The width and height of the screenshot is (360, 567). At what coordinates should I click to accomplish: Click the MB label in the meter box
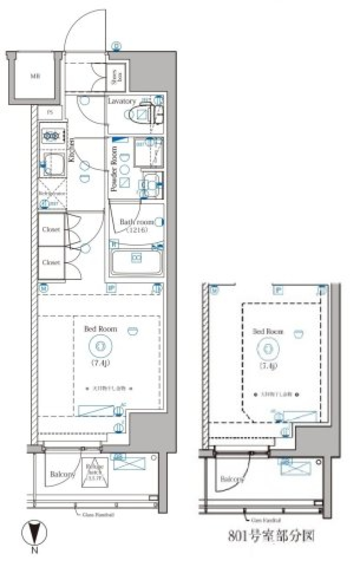click(x=35, y=76)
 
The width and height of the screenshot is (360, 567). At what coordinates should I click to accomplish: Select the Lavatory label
click(x=121, y=101)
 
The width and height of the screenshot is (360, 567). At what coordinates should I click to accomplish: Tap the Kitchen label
click(x=71, y=150)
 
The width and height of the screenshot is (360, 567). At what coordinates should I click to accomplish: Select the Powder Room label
click(x=114, y=169)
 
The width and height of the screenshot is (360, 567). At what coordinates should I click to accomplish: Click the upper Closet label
click(x=51, y=229)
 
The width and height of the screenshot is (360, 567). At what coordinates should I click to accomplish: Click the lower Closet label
click(x=51, y=262)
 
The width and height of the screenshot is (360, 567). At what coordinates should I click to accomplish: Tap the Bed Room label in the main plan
click(x=100, y=329)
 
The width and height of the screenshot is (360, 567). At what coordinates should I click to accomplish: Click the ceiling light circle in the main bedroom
click(x=100, y=346)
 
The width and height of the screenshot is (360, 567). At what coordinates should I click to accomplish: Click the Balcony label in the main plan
click(x=62, y=474)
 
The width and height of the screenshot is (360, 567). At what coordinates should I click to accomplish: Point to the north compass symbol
click(x=34, y=533)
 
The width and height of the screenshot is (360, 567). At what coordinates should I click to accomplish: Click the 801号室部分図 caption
click(x=271, y=536)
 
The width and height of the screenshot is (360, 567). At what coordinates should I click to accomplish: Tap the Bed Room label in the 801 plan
click(x=268, y=332)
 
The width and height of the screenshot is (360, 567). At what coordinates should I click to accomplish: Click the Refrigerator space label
click(x=52, y=193)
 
